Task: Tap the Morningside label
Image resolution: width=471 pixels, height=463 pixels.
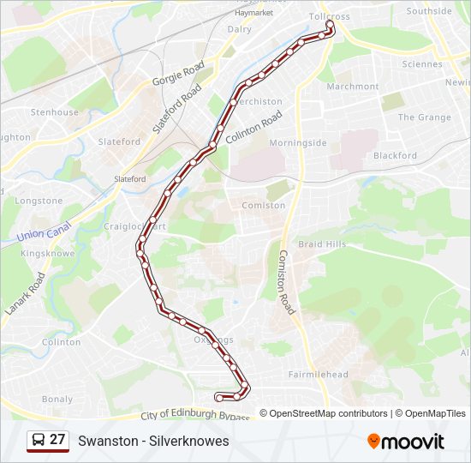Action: click(298, 142)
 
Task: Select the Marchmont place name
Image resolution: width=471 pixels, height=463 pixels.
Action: click(352, 87)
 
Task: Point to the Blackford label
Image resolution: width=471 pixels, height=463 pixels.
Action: click(395, 156)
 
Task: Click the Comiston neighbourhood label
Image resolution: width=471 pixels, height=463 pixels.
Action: click(264, 206)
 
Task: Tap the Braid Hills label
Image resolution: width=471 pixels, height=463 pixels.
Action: click(322, 244)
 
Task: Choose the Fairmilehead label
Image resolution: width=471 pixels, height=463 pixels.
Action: click(318, 375)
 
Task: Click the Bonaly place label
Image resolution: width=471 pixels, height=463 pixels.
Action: click(57, 399)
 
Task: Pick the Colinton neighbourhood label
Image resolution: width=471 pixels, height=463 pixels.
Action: click(61, 341)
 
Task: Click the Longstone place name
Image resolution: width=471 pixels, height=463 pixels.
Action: click(39, 201)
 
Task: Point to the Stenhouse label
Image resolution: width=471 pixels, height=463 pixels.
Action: click(55, 112)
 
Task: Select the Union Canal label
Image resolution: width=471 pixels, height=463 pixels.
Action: click(42, 232)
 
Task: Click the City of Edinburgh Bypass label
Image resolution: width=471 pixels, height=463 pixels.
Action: click(194, 416)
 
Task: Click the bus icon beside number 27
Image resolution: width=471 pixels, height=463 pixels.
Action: click(38, 441)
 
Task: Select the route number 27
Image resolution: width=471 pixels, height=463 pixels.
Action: click(57, 440)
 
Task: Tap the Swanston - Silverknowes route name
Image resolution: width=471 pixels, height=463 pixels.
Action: click(153, 441)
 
